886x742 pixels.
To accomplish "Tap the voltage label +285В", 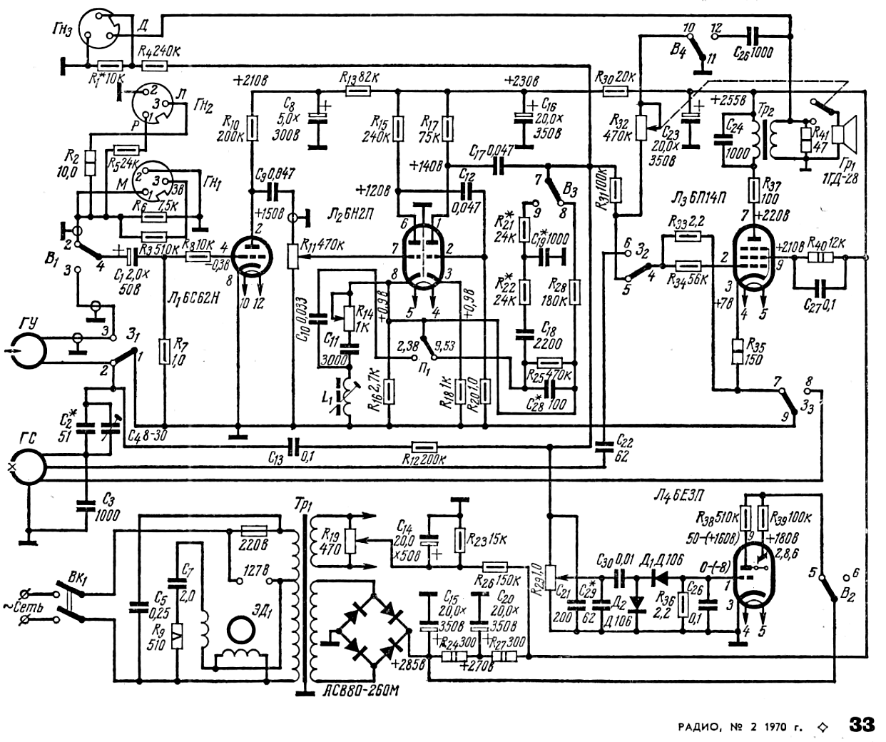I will pyautogui.click(x=405, y=664).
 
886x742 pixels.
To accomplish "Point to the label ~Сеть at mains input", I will pyautogui.click(x=23, y=607).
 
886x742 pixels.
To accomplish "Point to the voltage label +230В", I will pyautogui.click(x=521, y=80).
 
